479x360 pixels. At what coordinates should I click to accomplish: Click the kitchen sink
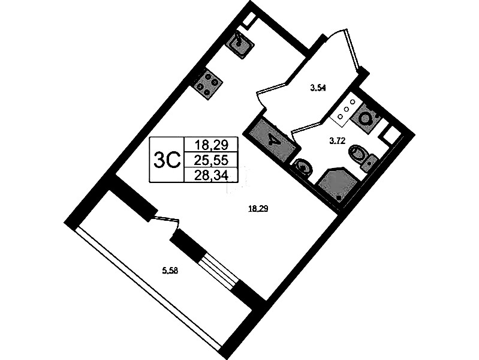[239, 44]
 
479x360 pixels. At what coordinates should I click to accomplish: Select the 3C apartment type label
[167, 160]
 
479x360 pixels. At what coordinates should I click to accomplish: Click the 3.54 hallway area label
[318, 89]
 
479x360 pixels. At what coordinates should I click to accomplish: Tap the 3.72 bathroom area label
[337, 141]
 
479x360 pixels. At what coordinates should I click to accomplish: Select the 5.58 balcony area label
[169, 271]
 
